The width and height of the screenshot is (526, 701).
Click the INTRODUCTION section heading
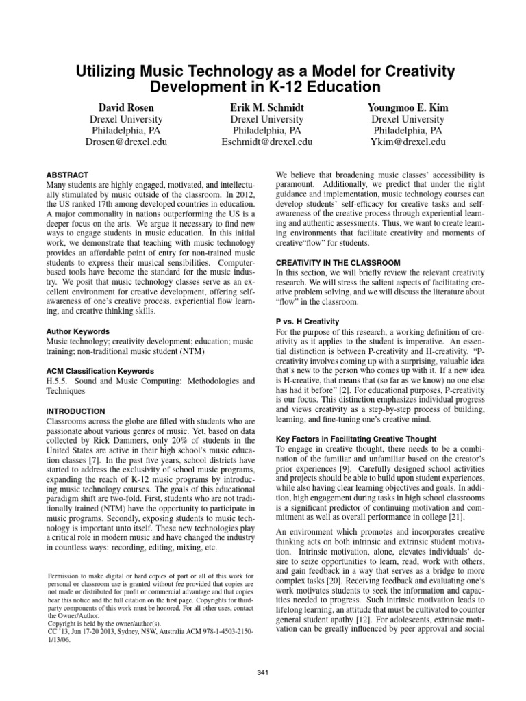(x=76, y=411)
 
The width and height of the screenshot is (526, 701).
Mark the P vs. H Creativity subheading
(x=308, y=322)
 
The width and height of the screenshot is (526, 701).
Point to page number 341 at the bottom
(x=263, y=674)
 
